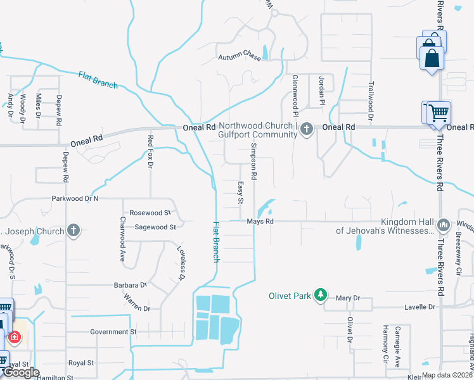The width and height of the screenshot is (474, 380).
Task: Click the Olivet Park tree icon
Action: coord(321,294)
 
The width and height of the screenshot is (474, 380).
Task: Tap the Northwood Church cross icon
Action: coord(307,130)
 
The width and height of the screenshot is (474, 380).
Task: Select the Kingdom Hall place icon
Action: coord(444,225)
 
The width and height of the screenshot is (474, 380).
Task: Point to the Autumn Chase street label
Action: coord(240,57)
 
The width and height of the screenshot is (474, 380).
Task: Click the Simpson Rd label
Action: coord(254,160)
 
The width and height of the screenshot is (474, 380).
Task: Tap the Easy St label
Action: coord(241,193)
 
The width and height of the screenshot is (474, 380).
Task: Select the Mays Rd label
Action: coord(260,222)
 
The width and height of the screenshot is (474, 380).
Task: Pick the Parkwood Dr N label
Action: coord(75,199)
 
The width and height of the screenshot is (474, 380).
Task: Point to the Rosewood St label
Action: coord(150,213)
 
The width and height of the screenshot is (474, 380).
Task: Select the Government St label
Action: coord(113,331)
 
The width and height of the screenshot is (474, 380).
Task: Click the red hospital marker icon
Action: coord(13,337)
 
